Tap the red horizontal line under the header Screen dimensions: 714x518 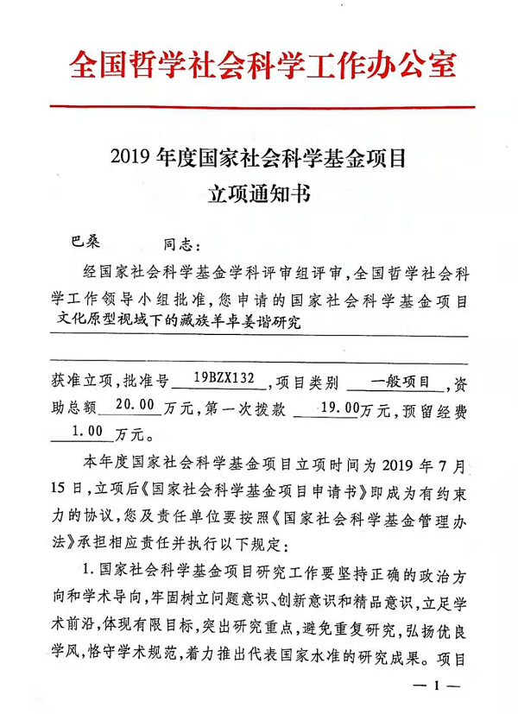click(x=259, y=106)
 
